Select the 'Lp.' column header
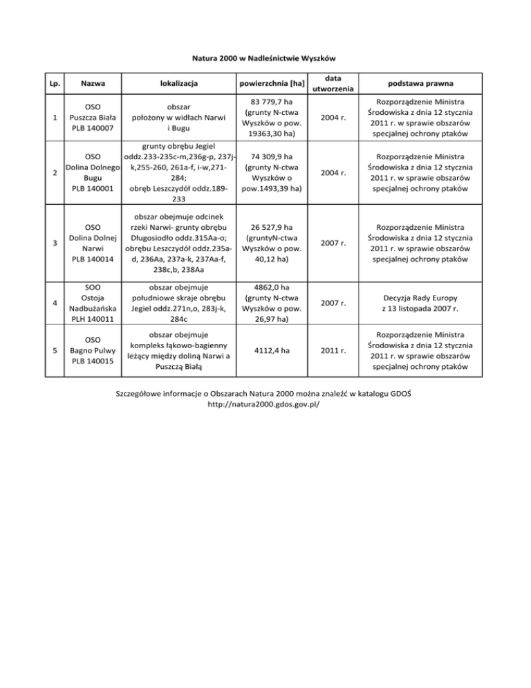[55, 84]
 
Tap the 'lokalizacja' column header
[175, 84]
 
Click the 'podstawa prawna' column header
[420, 84]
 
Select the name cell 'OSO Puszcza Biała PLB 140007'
[91, 118]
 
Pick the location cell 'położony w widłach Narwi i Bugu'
[175, 118]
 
